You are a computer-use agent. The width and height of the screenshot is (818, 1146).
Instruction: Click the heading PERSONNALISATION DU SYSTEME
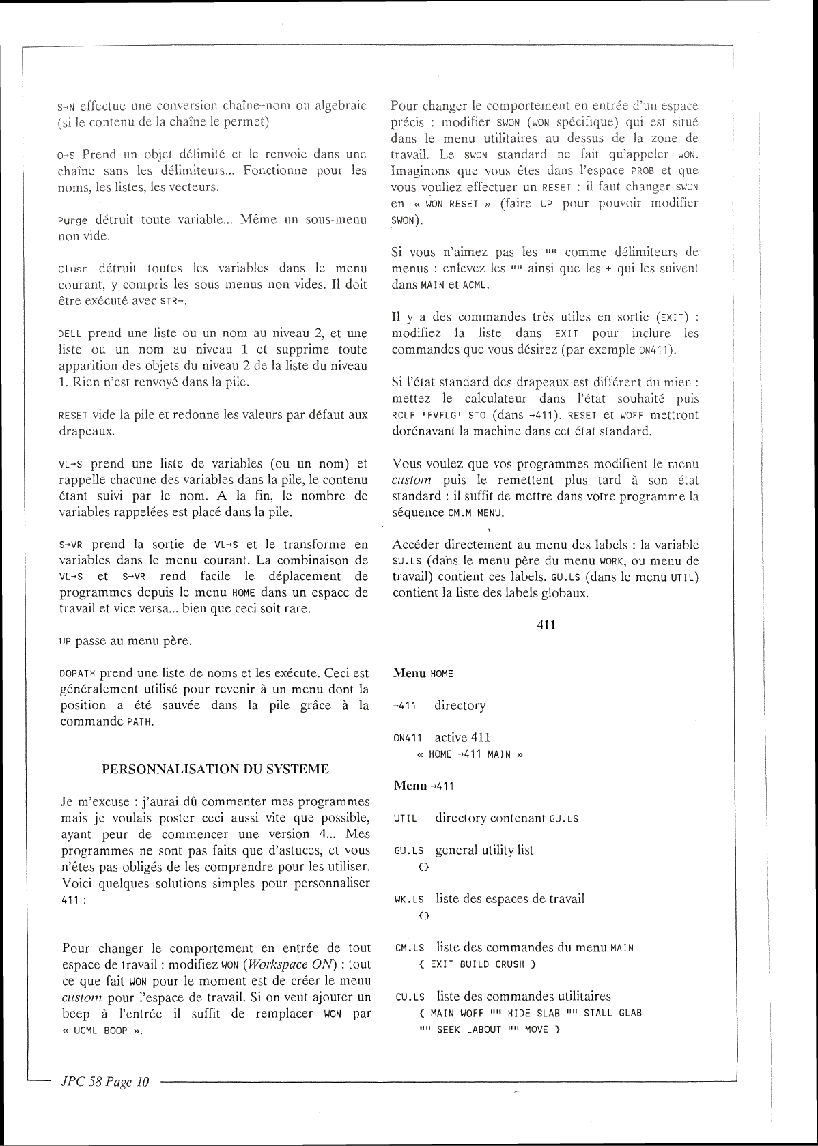pyautogui.click(x=215, y=769)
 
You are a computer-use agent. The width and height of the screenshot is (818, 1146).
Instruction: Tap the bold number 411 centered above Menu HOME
pyautogui.click(x=546, y=624)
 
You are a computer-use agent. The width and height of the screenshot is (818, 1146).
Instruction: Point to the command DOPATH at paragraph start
pyautogui.click(x=78, y=674)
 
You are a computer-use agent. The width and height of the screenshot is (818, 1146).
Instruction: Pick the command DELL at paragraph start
pyautogui.click(x=71, y=334)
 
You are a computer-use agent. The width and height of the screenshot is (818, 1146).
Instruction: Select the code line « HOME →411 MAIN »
pyautogui.click(x=470, y=754)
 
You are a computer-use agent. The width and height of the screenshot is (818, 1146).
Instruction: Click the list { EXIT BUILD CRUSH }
pyautogui.click(x=477, y=964)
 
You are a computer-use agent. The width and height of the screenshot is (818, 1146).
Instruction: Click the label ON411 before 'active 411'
pyautogui.click(x=409, y=738)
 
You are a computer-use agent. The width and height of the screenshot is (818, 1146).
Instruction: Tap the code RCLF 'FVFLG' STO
pyautogui.click(x=439, y=415)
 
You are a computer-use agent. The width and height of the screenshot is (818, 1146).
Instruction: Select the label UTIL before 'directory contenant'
pyautogui.click(x=407, y=818)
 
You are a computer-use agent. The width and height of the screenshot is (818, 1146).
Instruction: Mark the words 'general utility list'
pyautogui.click(x=485, y=850)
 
